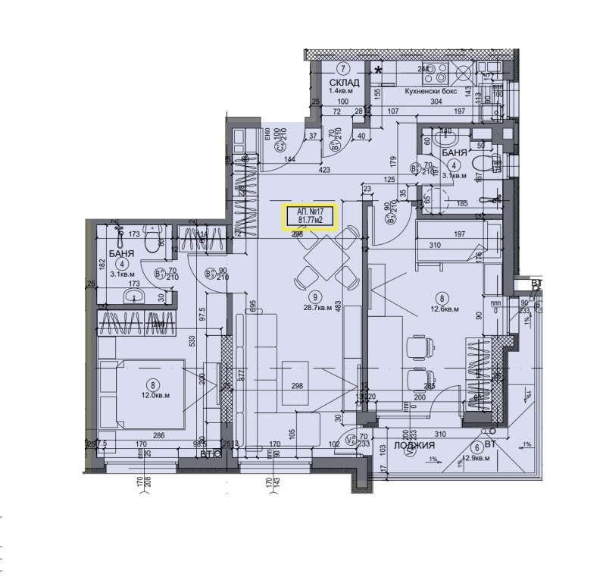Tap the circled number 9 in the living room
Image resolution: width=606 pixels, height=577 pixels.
coord(315,297)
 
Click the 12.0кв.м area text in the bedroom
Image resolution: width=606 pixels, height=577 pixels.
coord(155,395)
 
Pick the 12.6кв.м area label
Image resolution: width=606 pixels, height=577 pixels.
coord(445,309)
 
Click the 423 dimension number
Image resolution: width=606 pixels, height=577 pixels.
coord(324,171)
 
